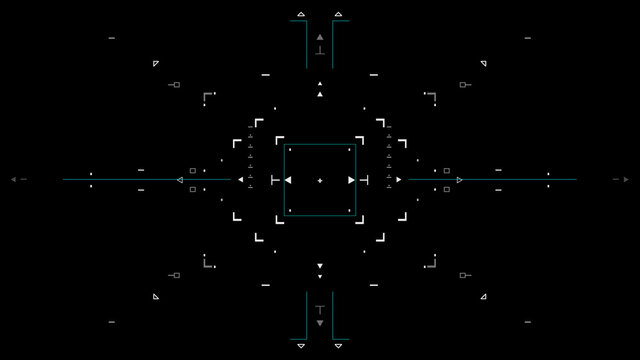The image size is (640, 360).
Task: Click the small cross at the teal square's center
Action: [320, 180]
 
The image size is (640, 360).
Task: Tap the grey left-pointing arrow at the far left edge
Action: [14, 179]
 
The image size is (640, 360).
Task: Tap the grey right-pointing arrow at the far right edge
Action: [625, 179]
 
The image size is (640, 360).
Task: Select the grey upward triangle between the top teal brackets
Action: [320, 37]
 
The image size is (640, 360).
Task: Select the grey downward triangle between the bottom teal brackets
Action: [320, 323]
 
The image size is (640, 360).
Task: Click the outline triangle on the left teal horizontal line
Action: [180, 180]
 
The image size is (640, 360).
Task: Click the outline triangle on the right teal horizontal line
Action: [459, 180]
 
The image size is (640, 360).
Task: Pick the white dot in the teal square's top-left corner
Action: [290, 149]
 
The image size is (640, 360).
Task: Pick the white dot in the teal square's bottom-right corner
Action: [349, 210]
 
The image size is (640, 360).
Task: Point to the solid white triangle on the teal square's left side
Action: [288, 180]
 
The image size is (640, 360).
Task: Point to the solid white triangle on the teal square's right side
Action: [351, 180]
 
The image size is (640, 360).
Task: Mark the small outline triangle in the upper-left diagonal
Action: [156, 63]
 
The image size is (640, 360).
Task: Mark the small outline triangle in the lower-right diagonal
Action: [483, 296]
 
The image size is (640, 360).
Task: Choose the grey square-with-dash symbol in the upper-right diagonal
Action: [464, 85]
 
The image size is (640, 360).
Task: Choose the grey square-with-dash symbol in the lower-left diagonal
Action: [175, 275]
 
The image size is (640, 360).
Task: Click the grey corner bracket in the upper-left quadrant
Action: [206, 97]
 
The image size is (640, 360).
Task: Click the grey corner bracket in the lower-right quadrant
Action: [432, 263]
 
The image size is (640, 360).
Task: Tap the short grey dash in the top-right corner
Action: [528, 38]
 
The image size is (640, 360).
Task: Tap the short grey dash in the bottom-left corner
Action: [111, 322]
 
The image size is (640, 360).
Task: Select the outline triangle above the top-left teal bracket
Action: [301, 15]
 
